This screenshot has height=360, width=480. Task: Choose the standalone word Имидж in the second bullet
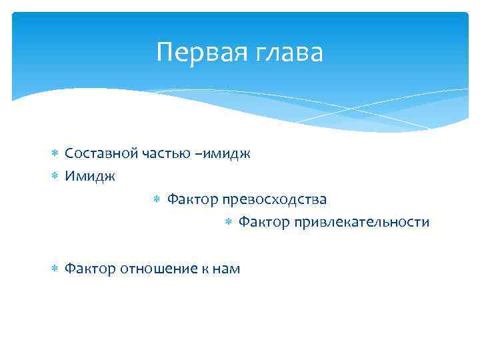pyautogui.click(x=90, y=177)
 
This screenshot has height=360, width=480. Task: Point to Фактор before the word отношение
pyautogui.click(x=90, y=269)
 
